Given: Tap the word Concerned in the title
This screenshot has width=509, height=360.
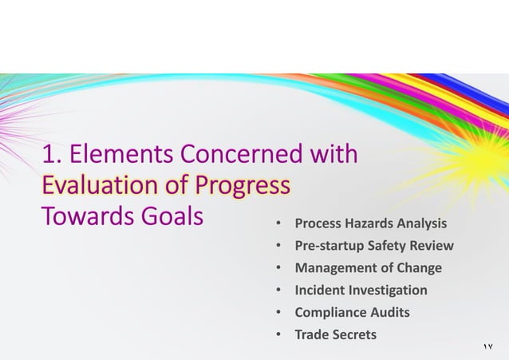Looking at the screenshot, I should (x=238, y=152).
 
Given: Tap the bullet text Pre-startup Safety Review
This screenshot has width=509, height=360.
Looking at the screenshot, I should (x=373, y=245).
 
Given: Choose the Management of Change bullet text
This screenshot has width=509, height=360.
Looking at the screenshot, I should (x=368, y=267).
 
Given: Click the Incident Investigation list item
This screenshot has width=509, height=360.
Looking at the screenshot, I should (x=361, y=290).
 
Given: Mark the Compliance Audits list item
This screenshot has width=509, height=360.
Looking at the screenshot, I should (x=353, y=312).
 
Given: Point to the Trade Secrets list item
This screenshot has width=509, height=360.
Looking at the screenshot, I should (x=335, y=334).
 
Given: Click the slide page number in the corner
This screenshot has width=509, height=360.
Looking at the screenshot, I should (x=488, y=346).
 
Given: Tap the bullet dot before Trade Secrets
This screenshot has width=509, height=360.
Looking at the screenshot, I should (x=278, y=335).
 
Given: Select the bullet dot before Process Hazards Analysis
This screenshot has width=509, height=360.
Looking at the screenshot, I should (x=278, y=224).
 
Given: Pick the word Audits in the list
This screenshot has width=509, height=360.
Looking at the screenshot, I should (x=389, y=312).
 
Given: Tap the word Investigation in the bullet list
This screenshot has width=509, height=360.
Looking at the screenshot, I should (x=387, y=290).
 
